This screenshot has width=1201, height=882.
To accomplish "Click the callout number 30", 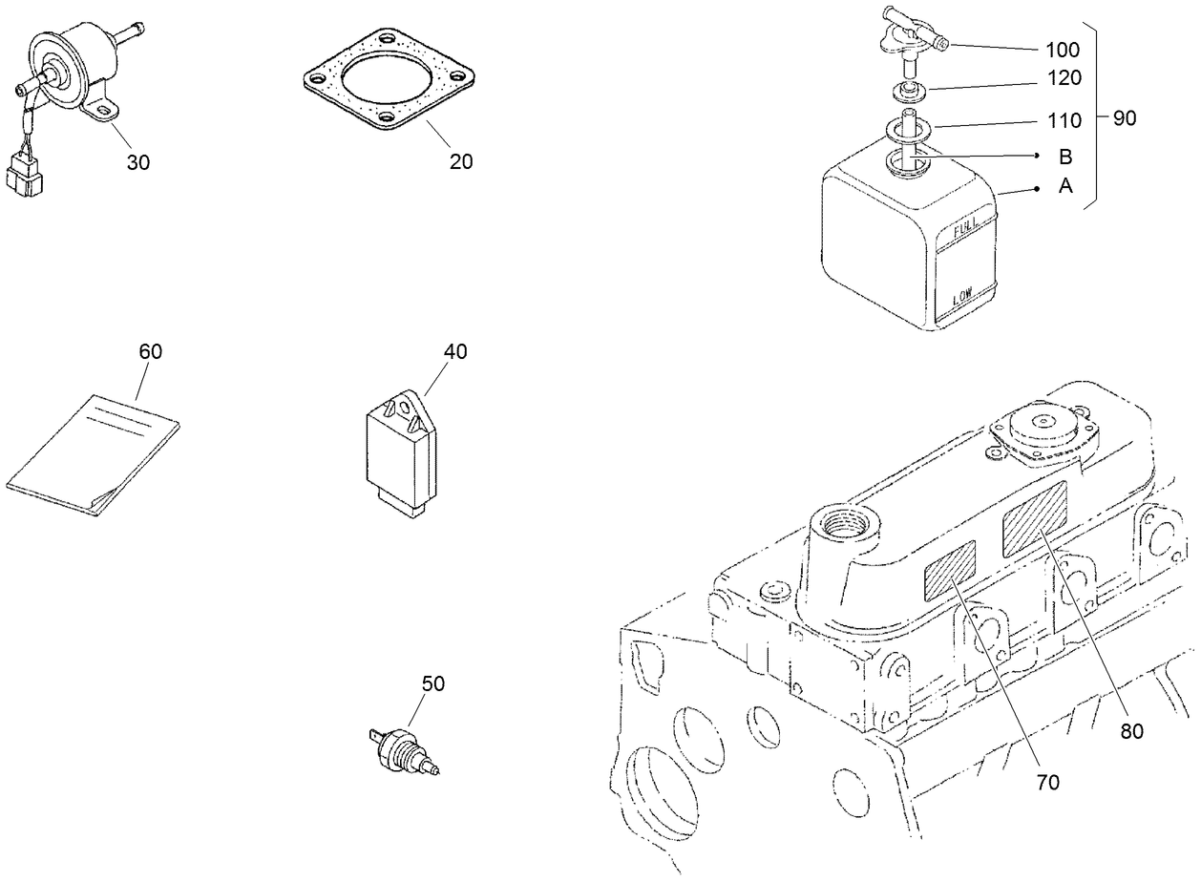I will coord(138,162).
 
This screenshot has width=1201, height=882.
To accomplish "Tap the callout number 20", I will coord(461,162).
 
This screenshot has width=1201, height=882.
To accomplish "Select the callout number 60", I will coord(151,351).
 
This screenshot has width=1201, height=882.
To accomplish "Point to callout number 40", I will coord(455,351).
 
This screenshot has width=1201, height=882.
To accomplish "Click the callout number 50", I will coord(433,683).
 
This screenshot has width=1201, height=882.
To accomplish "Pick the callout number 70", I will coord(1047,783).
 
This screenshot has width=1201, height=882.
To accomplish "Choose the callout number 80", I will coord(1132,731).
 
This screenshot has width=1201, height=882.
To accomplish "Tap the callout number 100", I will coord(1063,49).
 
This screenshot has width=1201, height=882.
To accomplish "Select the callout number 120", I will coord(1063,78).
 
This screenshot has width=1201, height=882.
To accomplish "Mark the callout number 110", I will coord(1063,120).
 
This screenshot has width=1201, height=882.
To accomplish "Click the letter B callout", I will coord(1065,157).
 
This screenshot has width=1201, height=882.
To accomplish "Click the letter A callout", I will coord(1065,187).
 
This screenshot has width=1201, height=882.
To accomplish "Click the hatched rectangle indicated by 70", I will coord(949,571).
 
